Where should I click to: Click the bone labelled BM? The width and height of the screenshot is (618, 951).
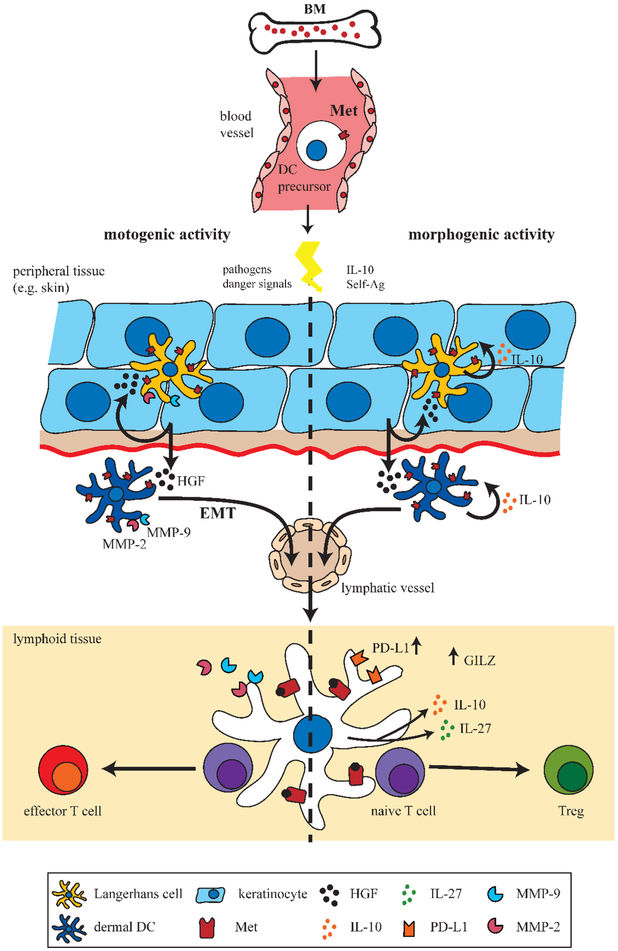[x=314, y=31]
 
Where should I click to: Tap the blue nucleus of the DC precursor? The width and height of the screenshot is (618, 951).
[x=316, y=150]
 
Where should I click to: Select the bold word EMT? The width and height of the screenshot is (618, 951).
[x=217, y=514]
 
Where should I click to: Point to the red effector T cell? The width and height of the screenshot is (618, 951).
[x=63, y=771]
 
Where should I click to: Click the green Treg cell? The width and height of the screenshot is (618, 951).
[x=569, y=770]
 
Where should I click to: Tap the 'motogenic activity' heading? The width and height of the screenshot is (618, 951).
[x=167, y=234]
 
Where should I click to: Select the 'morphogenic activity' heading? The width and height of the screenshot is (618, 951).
[x=481, y=234]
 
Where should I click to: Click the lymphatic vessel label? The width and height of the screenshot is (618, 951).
[x=387, y=588]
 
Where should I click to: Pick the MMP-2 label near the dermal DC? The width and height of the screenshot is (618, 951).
[x=124, y=544]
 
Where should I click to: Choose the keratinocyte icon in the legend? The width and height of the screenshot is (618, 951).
[x=211, y=894]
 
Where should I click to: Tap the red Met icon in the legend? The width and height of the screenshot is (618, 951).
[x=207, y=927]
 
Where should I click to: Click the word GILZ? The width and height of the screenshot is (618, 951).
[x=479, y=661]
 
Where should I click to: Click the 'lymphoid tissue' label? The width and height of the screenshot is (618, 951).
[x=57, y=639]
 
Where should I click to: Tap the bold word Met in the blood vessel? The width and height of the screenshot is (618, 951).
[x=343, y=111]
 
